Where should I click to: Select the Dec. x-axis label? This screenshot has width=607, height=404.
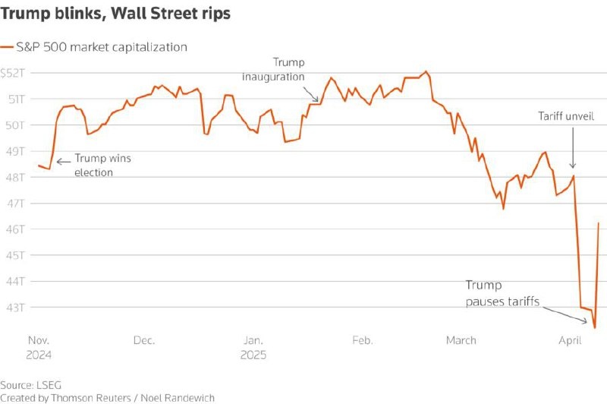144,340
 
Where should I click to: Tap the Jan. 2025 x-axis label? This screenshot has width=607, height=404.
254,347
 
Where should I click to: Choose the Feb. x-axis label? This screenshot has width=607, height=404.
363,340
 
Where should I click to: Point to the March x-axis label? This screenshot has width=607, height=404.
461,340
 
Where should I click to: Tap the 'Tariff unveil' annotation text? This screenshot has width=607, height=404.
562,116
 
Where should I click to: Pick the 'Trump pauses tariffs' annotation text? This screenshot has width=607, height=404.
502,293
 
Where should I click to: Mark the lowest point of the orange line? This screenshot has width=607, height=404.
594,327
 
